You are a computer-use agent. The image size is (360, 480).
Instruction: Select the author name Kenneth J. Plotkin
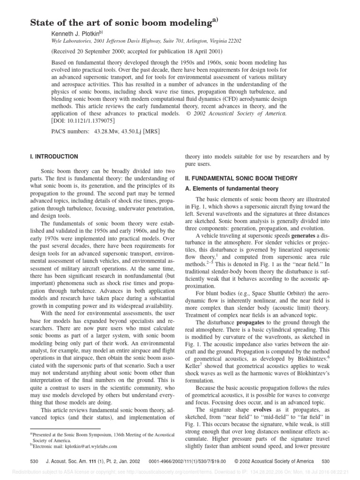76,34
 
